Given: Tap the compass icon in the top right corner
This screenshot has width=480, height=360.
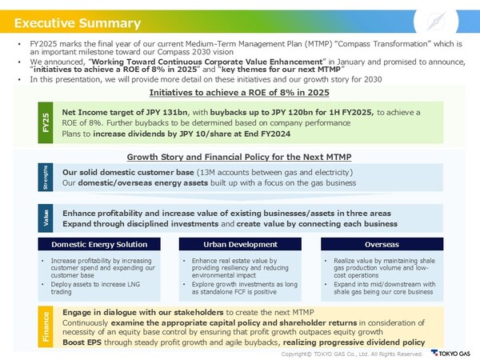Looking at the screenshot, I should point(451,18).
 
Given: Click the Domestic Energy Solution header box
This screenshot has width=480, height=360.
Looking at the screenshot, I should point(98,243).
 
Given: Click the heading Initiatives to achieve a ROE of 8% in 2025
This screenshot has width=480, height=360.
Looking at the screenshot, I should point(239,94).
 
